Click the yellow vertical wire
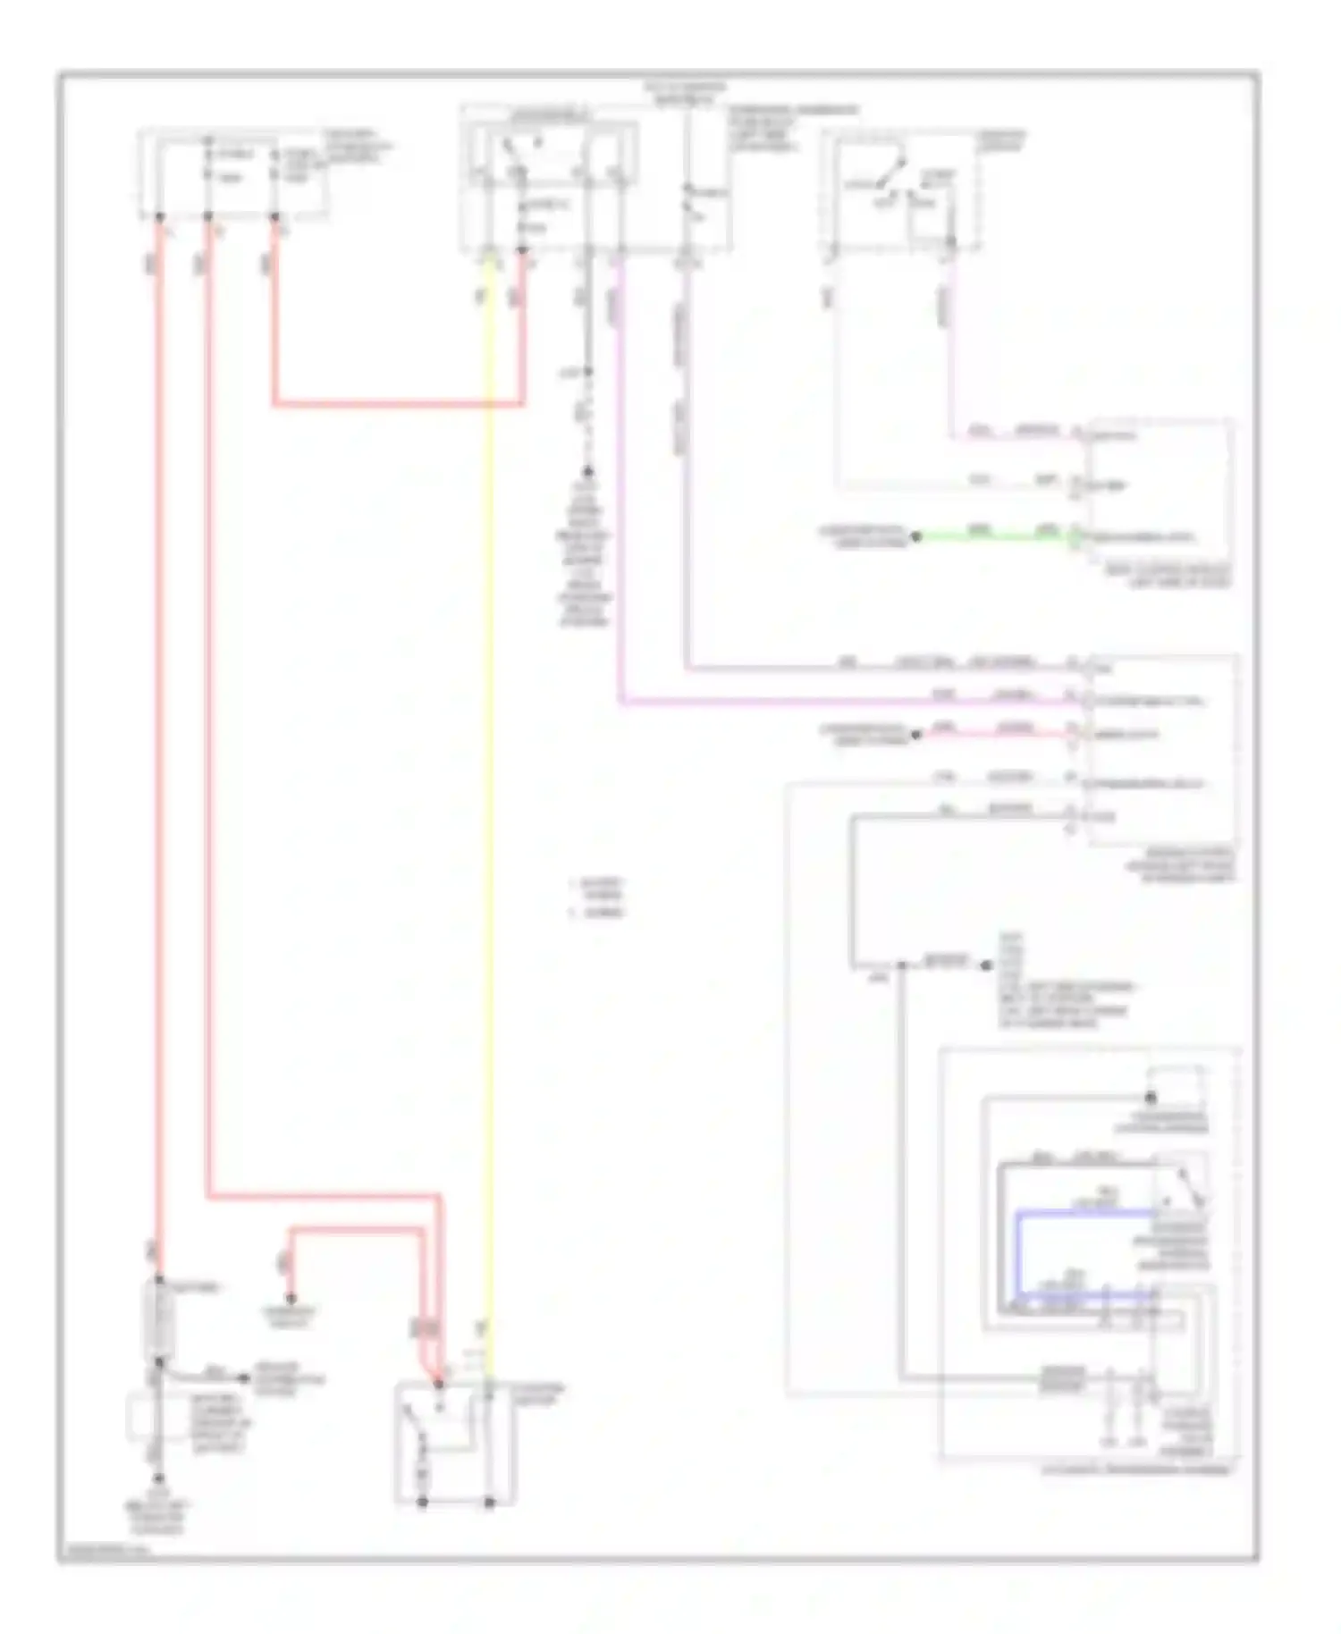click(x=489, y=804)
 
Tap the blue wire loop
click(x=1019, y=1251)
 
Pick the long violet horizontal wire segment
click(x=849, y=703)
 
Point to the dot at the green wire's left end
click(x=915, y=537)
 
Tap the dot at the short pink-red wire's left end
click(x=915, y=735)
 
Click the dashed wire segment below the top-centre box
click(x=587, y=420)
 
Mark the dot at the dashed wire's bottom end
click(x=587, y=471)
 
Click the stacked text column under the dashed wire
click(x=586, y=554)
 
